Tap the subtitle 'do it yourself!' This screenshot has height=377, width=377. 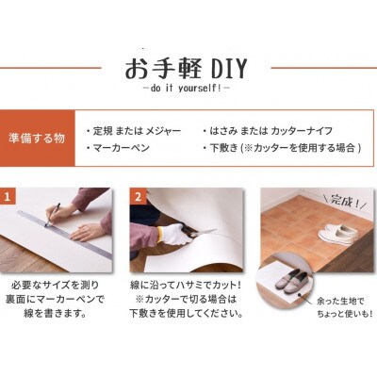click(x=188, y=90)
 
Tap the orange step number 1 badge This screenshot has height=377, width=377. click(x=8, y=199)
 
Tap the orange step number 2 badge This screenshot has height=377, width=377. click(x=137, y=199)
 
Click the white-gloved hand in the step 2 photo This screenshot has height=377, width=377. click(x=174, y=232)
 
